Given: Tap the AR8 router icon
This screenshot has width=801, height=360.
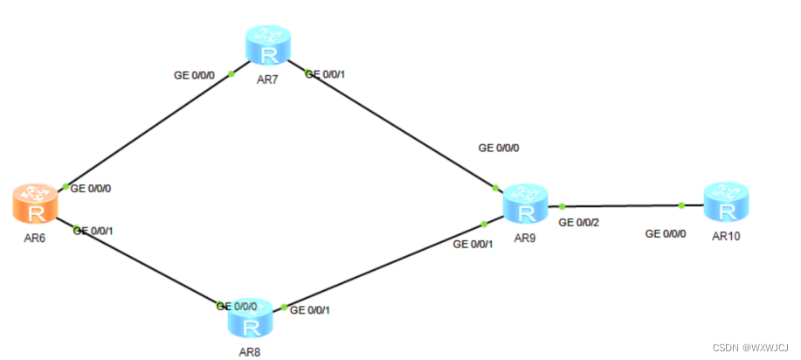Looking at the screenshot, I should pyautogui.click(x=250, y=322).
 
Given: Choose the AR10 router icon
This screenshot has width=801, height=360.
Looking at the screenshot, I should pyautogui.click(x=726, y=203).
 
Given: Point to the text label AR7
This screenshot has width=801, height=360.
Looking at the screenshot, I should pyautogui.click(x=267, y=81).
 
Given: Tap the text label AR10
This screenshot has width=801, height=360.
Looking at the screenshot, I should pyautogui.click(x=727, y=235).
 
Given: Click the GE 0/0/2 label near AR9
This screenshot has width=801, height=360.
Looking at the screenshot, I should pyautogui.click(x=579, y=223).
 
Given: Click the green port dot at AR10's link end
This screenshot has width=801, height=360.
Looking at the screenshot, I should pyautogui.click(x=681, y=205).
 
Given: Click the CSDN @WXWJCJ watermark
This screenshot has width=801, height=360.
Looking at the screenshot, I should pyautogui.click(x=750, y=346).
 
